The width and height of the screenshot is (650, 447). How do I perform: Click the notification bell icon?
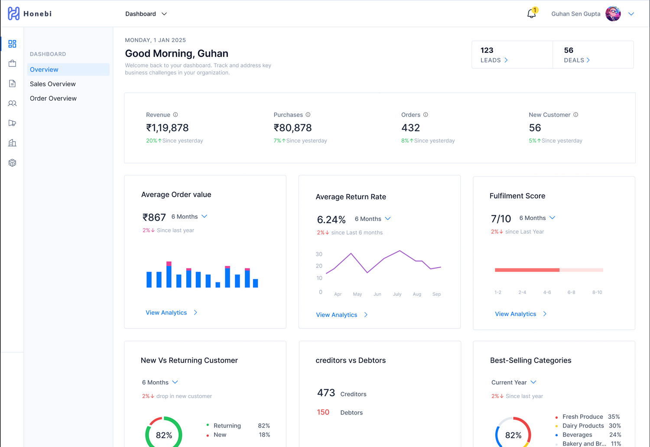(x=531, y=14)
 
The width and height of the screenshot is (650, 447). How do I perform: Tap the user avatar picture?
(x=613, y=14)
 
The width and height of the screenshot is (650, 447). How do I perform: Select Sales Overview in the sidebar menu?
(x=53, y=84)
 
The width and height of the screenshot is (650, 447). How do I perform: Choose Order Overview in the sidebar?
(x=53, y=98)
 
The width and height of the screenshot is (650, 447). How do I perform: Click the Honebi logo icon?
(x=13, y=13)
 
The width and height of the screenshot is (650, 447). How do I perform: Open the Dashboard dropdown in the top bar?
(x=146, y=14)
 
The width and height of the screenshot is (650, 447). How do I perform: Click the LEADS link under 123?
(x=494, y=60)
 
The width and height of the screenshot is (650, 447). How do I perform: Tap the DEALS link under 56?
(x=577, y=60)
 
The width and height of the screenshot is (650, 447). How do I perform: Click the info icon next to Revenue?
(x=175, y=115)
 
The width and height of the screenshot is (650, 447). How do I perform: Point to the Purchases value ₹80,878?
(x=292, y=128)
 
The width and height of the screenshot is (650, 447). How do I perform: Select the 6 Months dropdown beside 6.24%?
(x=373, y=219)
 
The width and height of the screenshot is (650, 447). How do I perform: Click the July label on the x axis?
(x=397, y=294)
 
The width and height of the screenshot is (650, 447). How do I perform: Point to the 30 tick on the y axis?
(x=319, y=254)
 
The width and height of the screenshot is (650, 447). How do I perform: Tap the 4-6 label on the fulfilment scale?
(x=547, y=292)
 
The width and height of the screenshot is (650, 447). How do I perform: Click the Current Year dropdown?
(x=514, y=382)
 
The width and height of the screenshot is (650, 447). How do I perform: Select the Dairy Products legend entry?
(x=583, y=426)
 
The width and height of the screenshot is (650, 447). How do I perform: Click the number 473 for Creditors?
(x=326, y=393)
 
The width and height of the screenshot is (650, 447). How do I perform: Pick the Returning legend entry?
(x=227, y=426)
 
